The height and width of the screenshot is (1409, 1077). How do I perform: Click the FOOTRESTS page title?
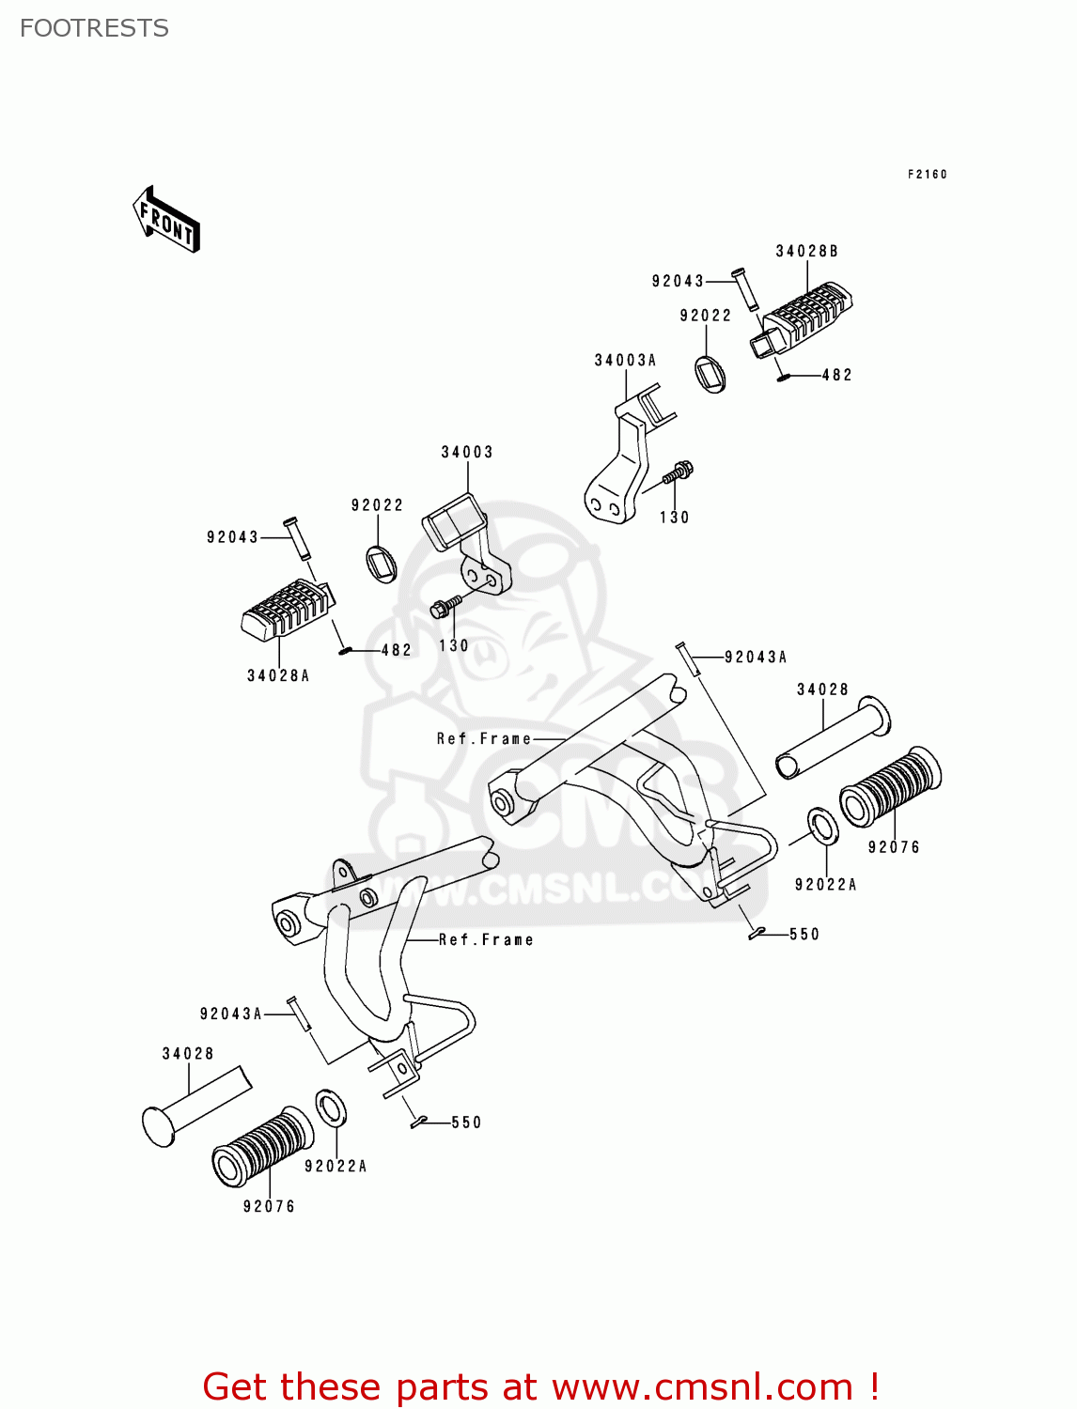point(94,28)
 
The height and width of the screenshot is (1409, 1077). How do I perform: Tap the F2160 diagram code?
point(927,174)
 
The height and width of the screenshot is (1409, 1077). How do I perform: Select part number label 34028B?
point(806,251)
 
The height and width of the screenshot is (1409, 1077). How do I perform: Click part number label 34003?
point(467,452)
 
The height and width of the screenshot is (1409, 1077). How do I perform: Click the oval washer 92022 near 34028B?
point(711,373)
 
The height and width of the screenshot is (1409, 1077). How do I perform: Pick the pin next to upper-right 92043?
point(745,288)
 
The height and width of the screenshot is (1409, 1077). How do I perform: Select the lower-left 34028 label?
point(188,1054)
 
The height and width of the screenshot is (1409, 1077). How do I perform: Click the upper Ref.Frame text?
point(484,739)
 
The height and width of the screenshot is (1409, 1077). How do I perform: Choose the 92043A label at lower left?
point(230,1014)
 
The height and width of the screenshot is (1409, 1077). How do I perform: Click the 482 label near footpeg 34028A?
point(396,650)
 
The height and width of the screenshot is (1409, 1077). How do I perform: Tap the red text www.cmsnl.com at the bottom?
point(701,1386)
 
